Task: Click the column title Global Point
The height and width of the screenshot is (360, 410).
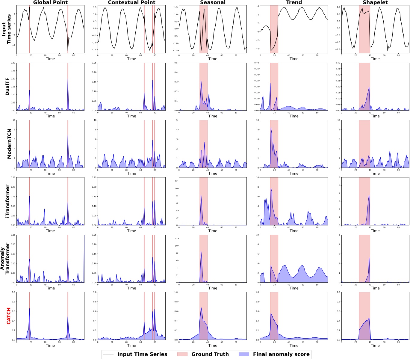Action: click(x=50, y=2)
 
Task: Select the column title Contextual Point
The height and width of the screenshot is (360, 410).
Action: click(x=131, y=2)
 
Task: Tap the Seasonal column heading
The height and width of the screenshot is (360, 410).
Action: click(x=213, y=2)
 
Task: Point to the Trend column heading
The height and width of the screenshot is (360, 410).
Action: click(x=294, y=2)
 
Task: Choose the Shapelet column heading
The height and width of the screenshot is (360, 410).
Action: click(x=375, y=2)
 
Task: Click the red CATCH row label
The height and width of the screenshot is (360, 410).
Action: click(x=9, y=316)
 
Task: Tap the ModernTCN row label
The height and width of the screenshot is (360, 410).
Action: click(x=9, y=144)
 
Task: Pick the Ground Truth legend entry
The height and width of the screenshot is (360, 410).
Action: click(x=210, y=354)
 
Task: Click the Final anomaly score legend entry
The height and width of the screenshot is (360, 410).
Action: click(x=281, y=354)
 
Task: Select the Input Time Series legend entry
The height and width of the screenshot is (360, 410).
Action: click(x=142, y=354)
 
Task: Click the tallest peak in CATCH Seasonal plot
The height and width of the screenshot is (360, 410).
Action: click(x=201, y=308)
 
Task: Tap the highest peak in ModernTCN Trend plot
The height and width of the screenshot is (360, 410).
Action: click(x=271, y=128)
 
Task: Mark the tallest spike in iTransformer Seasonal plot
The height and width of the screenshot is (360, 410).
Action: click(x=201, y=195)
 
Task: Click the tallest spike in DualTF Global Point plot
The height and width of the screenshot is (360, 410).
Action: click(x=68, y=79)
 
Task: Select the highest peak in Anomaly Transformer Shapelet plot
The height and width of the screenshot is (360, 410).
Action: click(x=369, y=258)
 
